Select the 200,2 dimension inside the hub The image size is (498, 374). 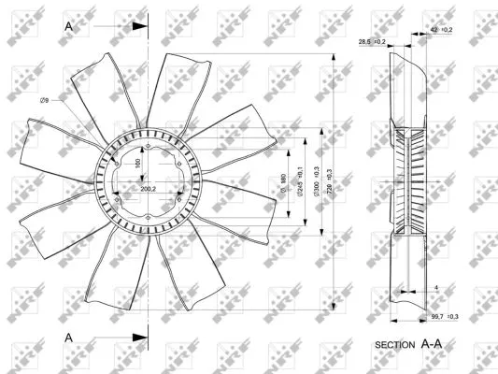147,190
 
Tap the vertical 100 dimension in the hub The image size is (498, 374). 137,164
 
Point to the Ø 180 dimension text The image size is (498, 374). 281,185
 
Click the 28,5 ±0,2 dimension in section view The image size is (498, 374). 372,41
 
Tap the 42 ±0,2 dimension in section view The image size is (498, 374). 441,30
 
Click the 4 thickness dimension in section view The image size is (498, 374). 435,287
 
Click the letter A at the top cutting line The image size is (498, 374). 68,27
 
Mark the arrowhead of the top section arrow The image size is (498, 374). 141,27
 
